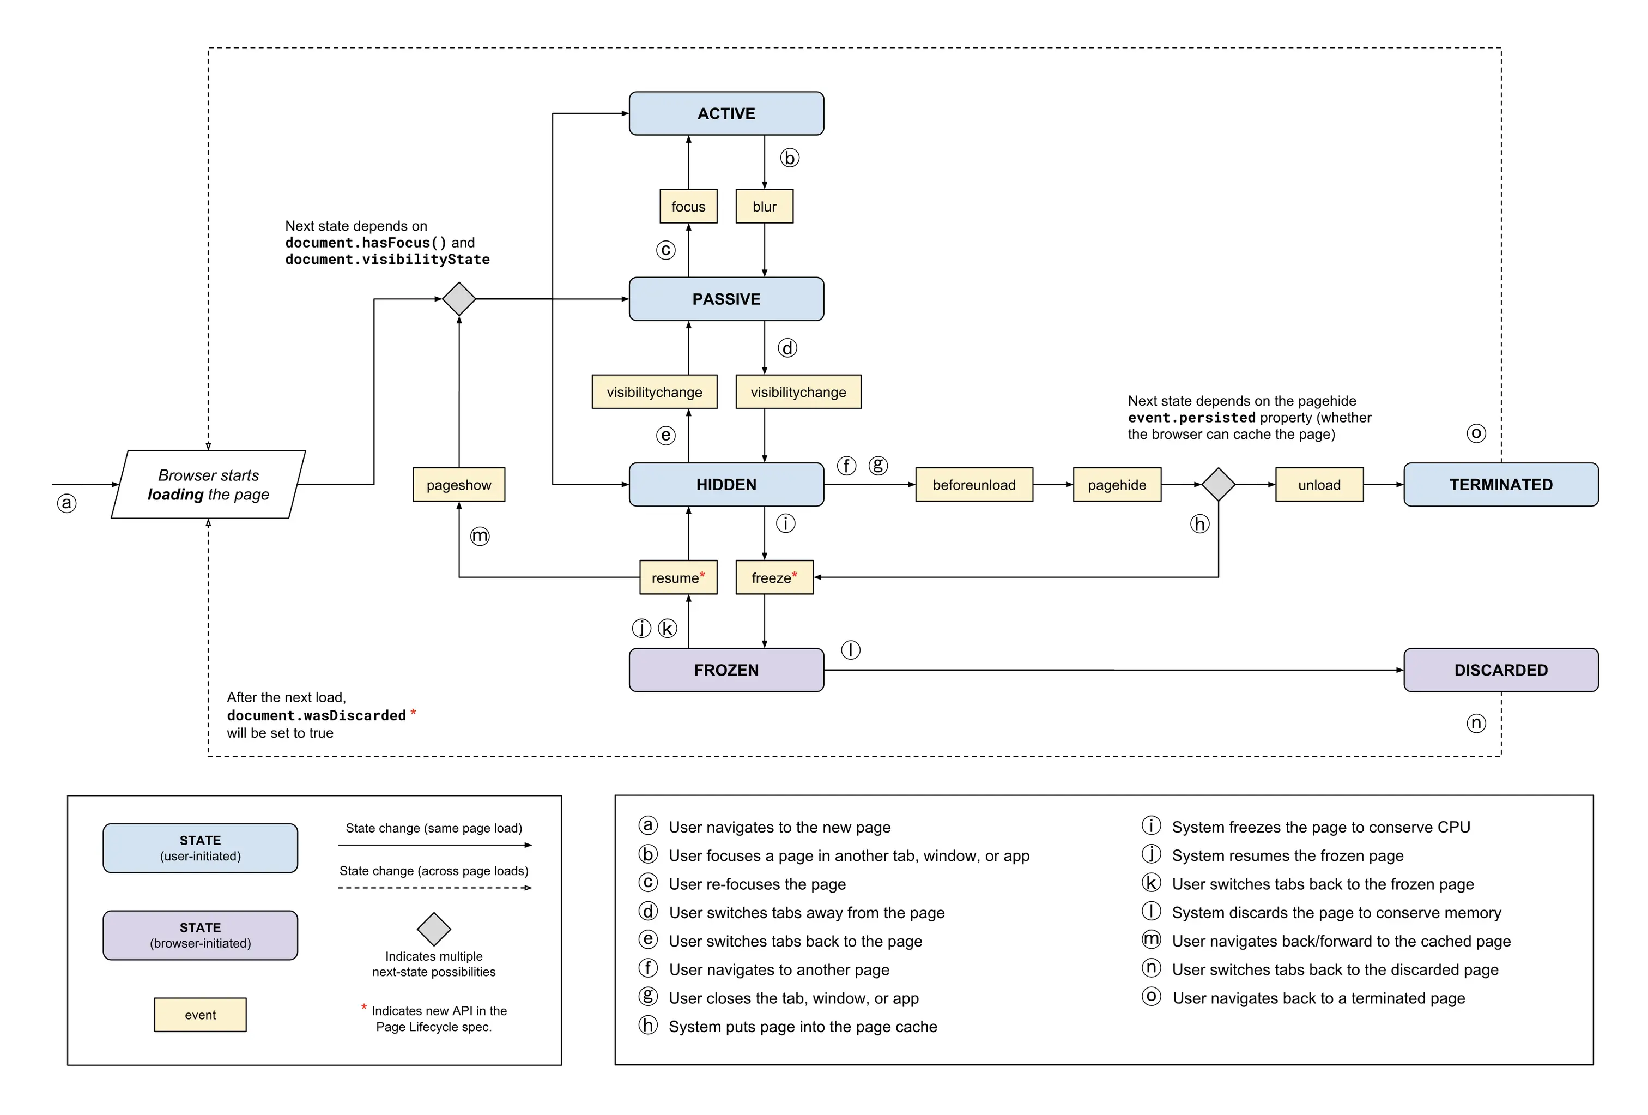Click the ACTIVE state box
pyautogui.click(x=726, y=113)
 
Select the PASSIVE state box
pyautogui.click(x=726, y=299)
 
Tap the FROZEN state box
pyautogui.click(x=726, y=670)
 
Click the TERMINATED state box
pyautogui.click(x=1500, y=485)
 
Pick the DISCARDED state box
pyautogui.click(x=1500, y=670)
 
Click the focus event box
pyautogui.click(x=688, y=207)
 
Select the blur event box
pyautogui.click(x=765, y=207)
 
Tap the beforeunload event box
pyautogui.click(x=974, y=485)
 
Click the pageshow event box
pyautogui.click(x=459, y=485)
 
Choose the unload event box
pyautogui.click(x=1319, y=485)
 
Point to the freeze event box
pyautogui.click(x=774, y=577)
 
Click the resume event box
pyautogui.click(x=678, y=577)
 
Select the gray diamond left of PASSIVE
pyautogui.click(x=459, y=299)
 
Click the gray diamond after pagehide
pyautogui.click(x=1218, y=485)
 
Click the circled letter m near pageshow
pyautogui.click(x=480, y=535)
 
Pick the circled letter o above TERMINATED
pyautogui.click(x=1476, y=433)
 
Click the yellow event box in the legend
pyautogui.click(x=200, y=1014)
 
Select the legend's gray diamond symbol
pyautogui.click(x=434, y=929)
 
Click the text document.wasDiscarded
pyautogui.click(x=316, y=715)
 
